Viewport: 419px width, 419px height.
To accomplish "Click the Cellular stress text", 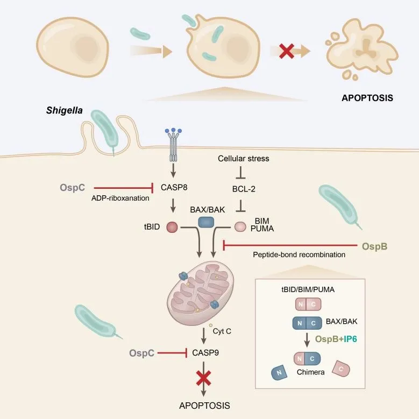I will (x=243, y=159).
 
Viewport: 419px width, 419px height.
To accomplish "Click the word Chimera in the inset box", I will (x=308, y=371).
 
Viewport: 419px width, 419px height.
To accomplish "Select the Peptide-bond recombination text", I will (x=299, y=254).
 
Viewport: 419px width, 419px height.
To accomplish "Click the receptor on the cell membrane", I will (x=173, y=147).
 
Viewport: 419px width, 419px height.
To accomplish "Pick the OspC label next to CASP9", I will (x=142, y=353).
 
